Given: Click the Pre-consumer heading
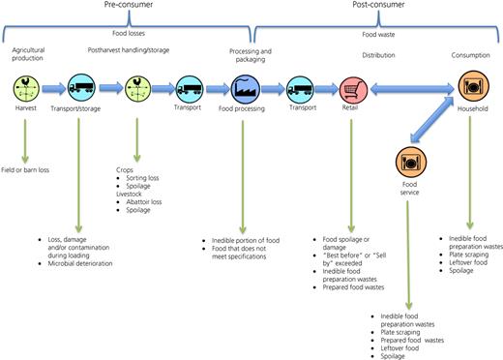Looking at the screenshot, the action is pyautogui.click(x=129, y=5).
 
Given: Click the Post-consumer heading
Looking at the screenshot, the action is pyautogui.click(x=378, y=5).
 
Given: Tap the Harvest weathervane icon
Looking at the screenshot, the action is pyautogui.click(x=26, y=88).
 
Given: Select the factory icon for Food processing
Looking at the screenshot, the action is pyautogui.click(x=246, y=89).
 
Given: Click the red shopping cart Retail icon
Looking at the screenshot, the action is pyautogui.click(x=353, y=90).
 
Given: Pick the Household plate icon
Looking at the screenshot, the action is pyautogui.click(x=474, y=86).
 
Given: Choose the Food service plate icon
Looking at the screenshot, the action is pyautogui.click(x=411, y=162).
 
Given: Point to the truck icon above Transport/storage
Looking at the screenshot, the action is pyautogui.click(x=81, y=88).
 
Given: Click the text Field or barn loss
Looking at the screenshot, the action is pyautogui.click(x=25, y=170).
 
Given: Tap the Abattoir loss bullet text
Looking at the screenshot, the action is pyautogui.click(x=144, y=202).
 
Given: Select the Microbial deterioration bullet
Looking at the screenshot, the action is pyautogui.click(x=80, y=263).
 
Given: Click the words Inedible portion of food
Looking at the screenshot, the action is pyautogui.click(x=246, y=240).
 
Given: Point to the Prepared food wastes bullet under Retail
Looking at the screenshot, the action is pyautogui.click(x=353, y=287).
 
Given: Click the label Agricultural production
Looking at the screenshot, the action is pyautogui.click(x=28, y=54).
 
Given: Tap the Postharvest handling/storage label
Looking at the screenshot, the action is pyautogui.click(x=129, y=50).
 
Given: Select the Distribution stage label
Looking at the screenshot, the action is pyautogui.click(x=378, y=55).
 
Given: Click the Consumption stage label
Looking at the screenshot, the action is pyautogui.click(x=470, y=55).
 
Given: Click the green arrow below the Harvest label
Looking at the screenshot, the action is pyautogui.click(x=25, y=141).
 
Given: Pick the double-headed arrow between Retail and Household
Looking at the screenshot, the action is pyautogui.click(x=412, y=89).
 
